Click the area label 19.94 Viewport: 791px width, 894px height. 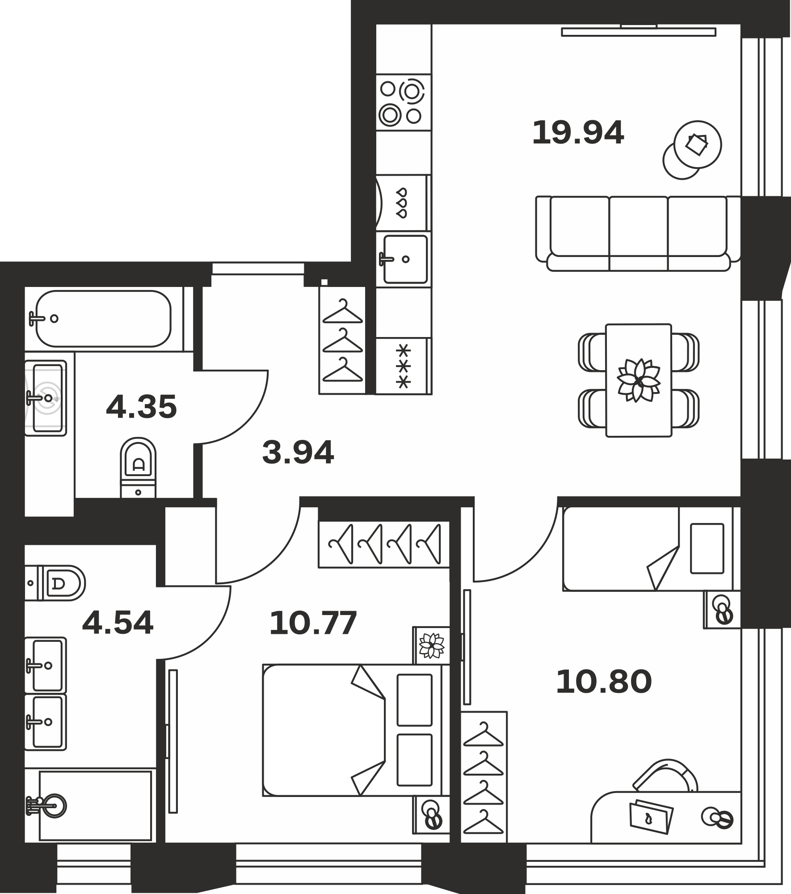[578, 133]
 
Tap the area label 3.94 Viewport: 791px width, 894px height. [298, 452]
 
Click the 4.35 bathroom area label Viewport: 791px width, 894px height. [141, 407]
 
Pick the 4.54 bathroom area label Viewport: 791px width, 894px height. [118, 623]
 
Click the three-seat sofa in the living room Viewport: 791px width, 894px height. [638, 233]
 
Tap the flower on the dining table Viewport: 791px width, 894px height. [639, 380]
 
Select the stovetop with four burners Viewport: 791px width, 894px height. [404, 102]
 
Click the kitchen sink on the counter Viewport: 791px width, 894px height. [404, 259]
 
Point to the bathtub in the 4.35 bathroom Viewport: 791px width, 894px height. [103, 319]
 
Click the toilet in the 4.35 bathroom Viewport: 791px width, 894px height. [138, 467]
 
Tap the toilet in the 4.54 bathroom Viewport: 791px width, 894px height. [55, 583]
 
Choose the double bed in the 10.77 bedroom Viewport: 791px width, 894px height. [356, 730]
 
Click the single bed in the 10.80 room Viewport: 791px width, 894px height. [647, 548]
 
